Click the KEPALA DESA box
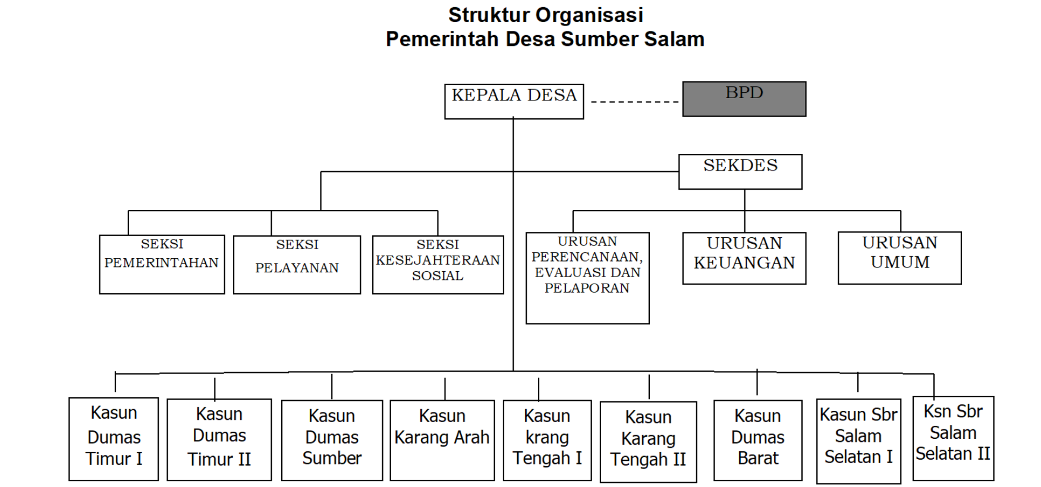tap(514, 101)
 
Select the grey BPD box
tap(744, 99)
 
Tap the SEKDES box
tap(740, 171)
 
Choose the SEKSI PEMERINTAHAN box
tap(162, 264)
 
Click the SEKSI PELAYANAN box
tap(297, 265)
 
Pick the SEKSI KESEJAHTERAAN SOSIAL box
tap(438, 265)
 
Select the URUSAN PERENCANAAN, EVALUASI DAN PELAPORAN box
tap(587, 278)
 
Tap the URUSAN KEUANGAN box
tap(744, 258)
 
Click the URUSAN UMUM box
tap(899, 257)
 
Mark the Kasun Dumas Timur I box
tap(114, 438)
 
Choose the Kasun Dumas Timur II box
tap(219, 439)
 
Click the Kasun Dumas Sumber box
tap(332, 439)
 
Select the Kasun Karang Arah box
tap(442, 439)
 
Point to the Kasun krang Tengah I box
tap(547, 439)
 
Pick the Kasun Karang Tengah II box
tap(648, 441)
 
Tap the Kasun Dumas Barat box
tap(757, 439)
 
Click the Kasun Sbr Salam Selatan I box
tap(858, 441)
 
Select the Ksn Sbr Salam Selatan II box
tap(952, 438)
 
